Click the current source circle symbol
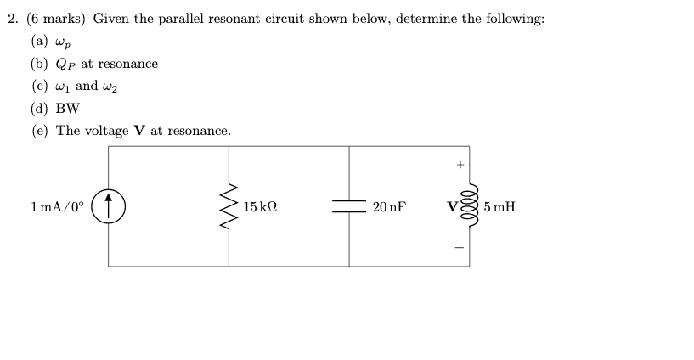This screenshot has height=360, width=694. pyautogui.click(x=110, y=206)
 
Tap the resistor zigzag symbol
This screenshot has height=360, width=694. pyautogui.click(x=229, y=206)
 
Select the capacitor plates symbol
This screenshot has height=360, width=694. pyautogui.click(x=348, y=206)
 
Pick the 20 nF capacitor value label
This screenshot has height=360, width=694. pyautogui.click(x=388, y=206)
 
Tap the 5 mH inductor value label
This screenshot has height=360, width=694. pyautogui.click(x=500, y=206)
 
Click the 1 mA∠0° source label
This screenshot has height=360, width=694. pyautogui.click(x=56, y=206)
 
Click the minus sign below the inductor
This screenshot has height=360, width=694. pyautogui.click(x=461, y=248)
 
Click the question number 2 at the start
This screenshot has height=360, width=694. pyautogui.click(x=11, y=19)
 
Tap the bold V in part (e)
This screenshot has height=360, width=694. pyautogui.click(x=136, y=131)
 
